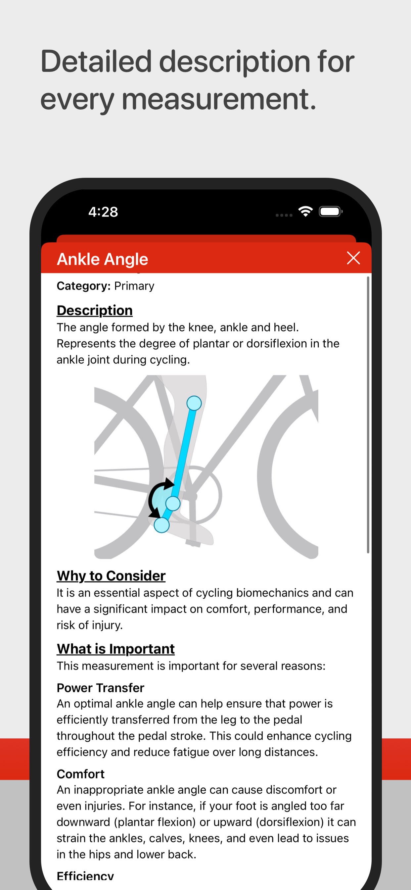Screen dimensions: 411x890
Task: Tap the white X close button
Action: click(353, 258)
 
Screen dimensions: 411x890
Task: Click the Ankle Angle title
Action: click(103, 259)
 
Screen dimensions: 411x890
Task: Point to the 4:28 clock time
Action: click(103, 212)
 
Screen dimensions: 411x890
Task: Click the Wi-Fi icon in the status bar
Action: click(305, 211)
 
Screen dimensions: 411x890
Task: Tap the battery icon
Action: click(331, 212)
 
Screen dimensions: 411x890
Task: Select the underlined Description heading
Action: click(95, 310)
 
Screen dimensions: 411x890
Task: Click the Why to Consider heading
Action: click(111, 575)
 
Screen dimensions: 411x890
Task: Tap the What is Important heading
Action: click(116, 649)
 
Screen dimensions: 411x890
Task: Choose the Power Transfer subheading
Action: click(101, 688)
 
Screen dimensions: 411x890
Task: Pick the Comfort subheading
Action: click(80, 774)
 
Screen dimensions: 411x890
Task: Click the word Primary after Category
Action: click(134, 286)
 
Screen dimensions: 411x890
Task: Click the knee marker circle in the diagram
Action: click(194, 403)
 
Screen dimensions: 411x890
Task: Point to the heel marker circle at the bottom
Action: click(161, 525)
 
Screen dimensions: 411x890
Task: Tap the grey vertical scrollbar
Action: click(368, 415)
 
